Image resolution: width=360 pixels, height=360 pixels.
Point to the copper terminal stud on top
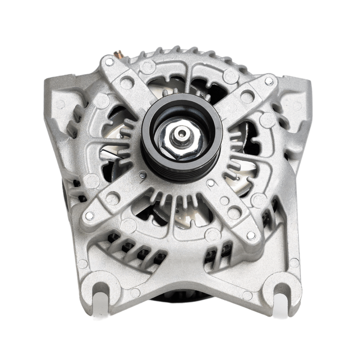pos(118,53)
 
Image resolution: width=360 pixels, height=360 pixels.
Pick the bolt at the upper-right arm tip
pos(268,80)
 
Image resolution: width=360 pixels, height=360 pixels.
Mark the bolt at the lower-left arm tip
pos(89,215)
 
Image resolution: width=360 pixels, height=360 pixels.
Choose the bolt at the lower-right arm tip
pos(251,234)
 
